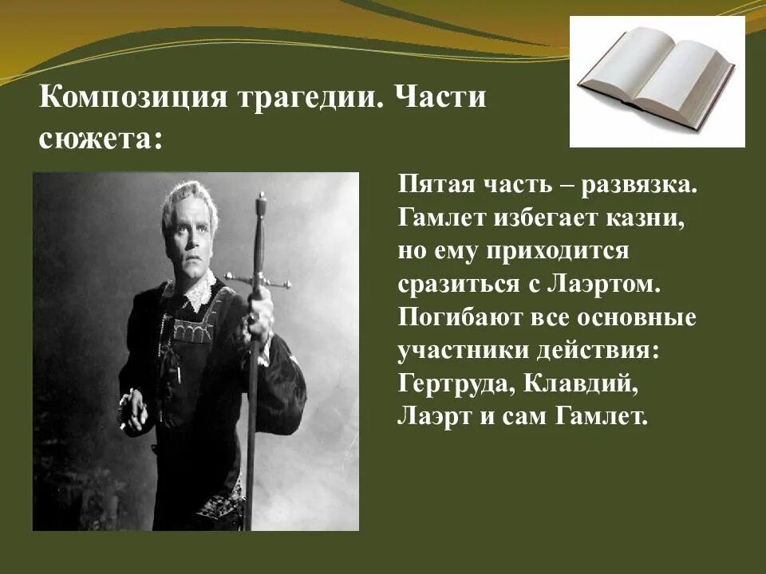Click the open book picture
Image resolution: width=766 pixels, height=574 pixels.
point(657,82)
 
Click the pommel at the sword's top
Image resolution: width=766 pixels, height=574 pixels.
point(259,199)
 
